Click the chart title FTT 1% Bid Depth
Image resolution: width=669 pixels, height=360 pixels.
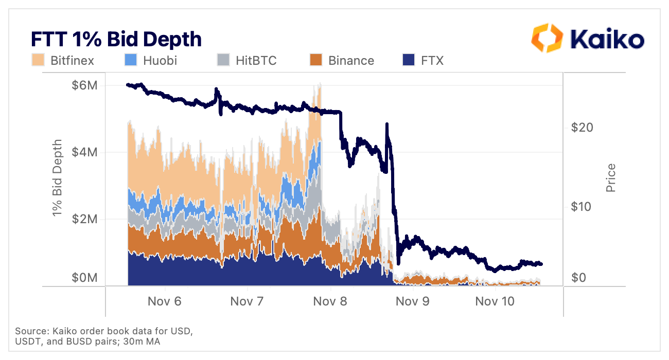(116, 40)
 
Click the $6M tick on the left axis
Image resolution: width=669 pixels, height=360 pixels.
(84, 85)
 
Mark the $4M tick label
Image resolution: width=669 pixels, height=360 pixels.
(84, 153)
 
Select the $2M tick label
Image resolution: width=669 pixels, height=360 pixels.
(84, 220)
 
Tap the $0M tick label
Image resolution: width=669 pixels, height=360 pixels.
(84, 278)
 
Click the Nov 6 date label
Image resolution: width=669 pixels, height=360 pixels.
(164, 301)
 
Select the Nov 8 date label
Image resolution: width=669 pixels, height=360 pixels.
(330, 301)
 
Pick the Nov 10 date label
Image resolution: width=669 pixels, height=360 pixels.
(495, 301)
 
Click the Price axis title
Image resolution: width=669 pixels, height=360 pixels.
(611, 178)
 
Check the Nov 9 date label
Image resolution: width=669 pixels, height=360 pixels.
(412, 301)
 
